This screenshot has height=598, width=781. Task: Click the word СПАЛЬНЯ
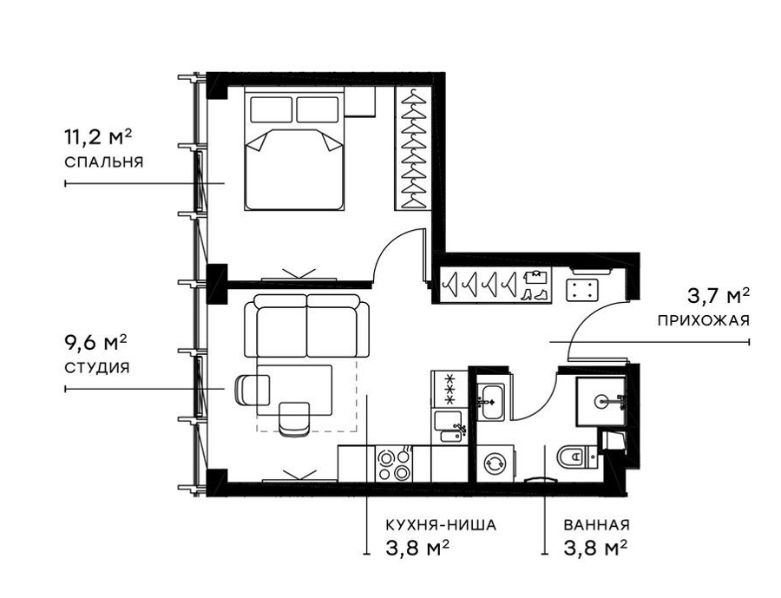(x=103, y=162)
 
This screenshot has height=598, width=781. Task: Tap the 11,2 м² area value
(x=97, y=137)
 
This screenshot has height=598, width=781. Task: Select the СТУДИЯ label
(x=96, y=368)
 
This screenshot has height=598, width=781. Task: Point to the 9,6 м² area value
(x=95, y=343)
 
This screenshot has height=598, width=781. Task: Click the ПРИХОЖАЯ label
(x=703, y=320)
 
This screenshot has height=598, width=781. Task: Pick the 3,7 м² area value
(x=719, y=296)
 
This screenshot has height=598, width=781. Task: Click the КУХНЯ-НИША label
(x=441, y=525)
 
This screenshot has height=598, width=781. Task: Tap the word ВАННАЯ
(x=596, y=525)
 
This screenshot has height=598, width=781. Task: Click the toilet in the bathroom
(x=577, y=456)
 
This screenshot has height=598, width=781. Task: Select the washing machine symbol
(x=496, y=463)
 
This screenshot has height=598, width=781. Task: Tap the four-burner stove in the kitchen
(x=393, y=463)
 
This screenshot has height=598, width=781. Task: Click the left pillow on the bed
(x=271, y=109)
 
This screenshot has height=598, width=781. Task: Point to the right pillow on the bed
(x=318, y=109)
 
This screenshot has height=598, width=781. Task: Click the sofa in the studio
(x=307, y=325)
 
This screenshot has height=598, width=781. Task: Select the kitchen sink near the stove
(x=450, y=426)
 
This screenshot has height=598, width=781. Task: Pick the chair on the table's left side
(x=252, y=389)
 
